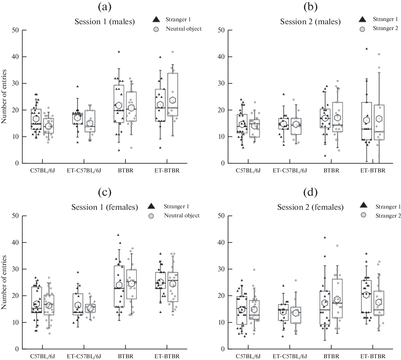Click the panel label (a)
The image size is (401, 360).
click(x=105, y=7)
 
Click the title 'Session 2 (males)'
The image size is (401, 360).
click(x=310, y=22)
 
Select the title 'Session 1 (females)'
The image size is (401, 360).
click(x=105, y=207)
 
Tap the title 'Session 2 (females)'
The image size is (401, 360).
click(x=310, y=207)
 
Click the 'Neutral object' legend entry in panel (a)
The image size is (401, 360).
click(x=183, y=29)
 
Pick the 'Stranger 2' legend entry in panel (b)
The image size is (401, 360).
click(x=385, y=28)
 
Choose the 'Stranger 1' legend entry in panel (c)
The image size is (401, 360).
click(x=176, y=207)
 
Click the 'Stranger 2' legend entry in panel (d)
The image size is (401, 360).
click(x=388, y=216)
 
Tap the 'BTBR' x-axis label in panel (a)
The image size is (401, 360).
click(x=126, y=171)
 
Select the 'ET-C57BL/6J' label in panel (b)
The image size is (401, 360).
click(x=290, y=171)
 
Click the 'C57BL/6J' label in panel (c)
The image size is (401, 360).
click(x=43, y=356)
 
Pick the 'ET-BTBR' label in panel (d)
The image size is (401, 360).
click(x=372, y=356)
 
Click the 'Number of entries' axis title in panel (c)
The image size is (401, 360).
click(x=4, y=282)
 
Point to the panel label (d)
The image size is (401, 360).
click(x=310, y=192)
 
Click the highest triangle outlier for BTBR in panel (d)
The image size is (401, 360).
click(x=324, y=237)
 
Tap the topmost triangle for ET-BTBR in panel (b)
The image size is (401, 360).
click(x=367, y=49)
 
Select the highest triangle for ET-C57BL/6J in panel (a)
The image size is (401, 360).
click(x=77, y=86)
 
